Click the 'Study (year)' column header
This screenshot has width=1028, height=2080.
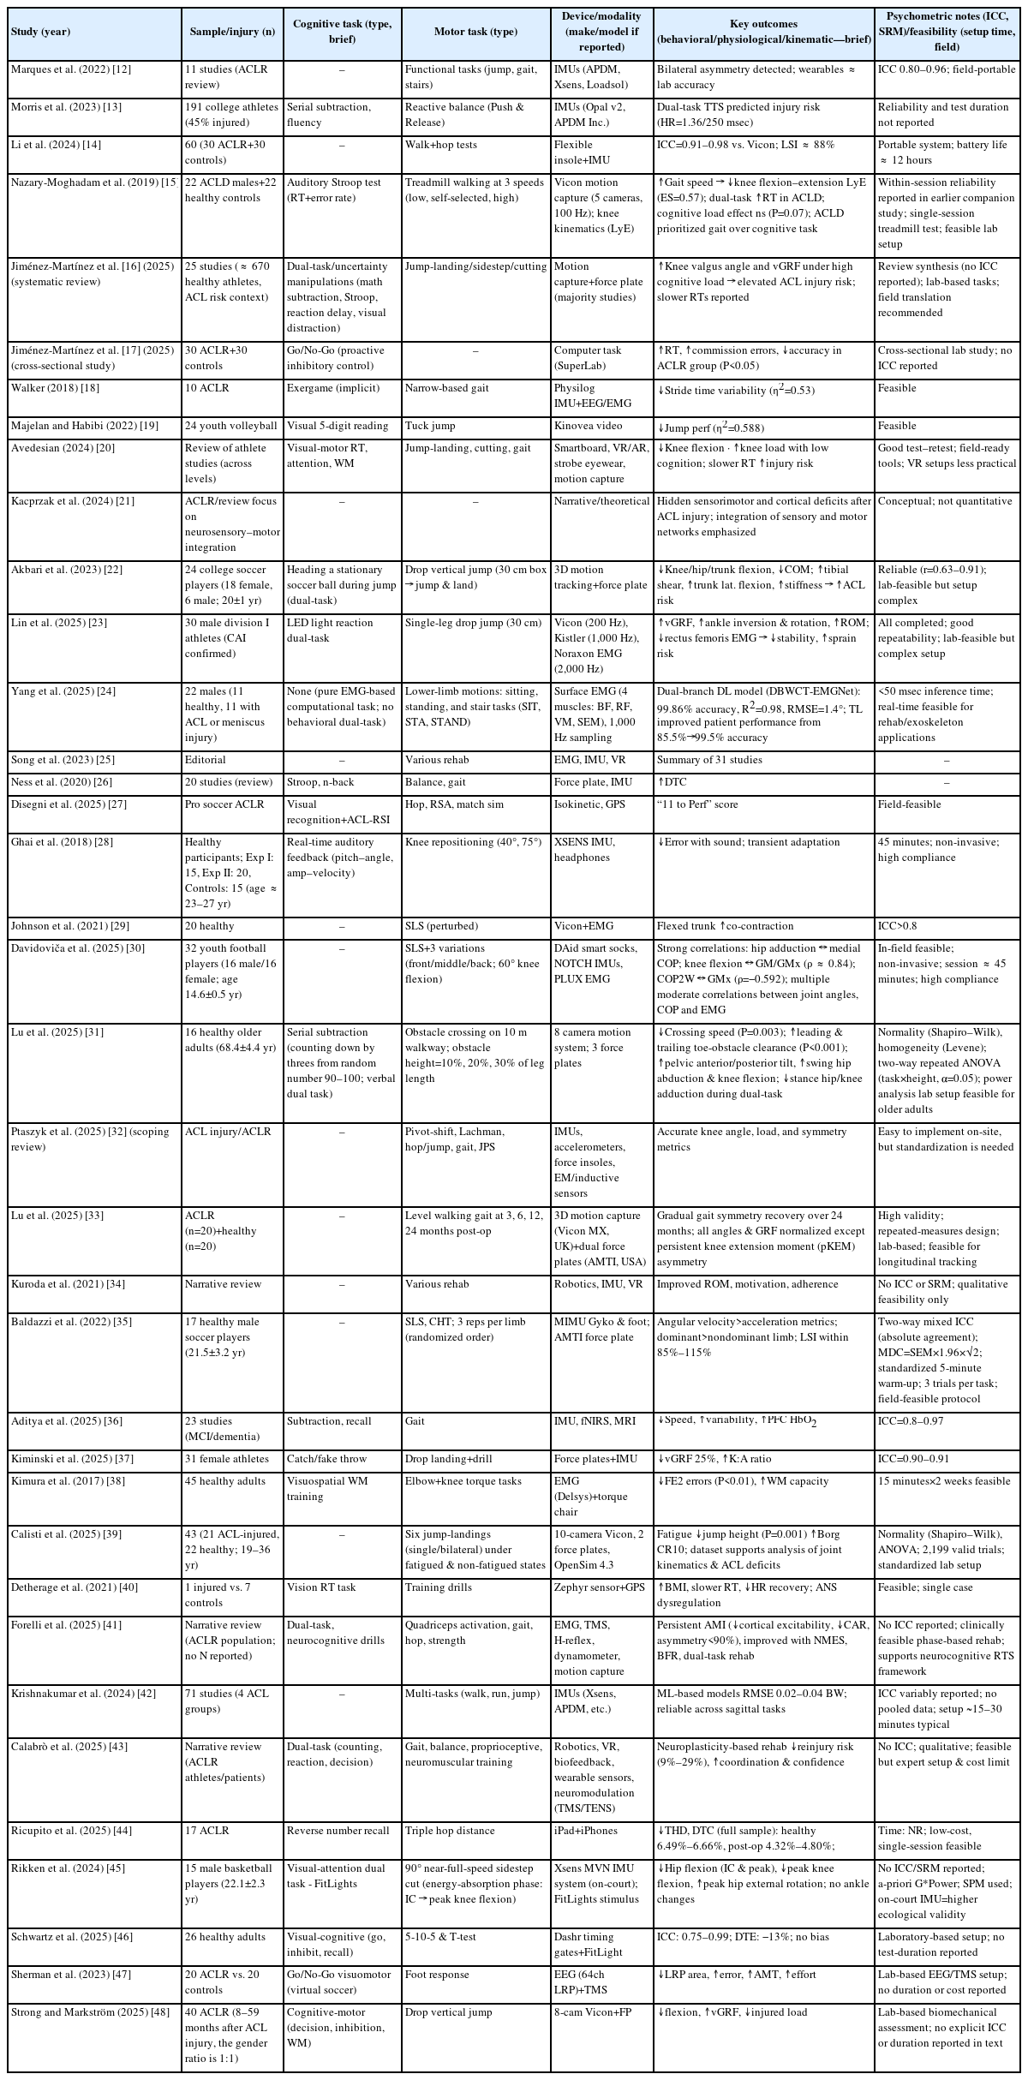(x=40, y=32)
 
